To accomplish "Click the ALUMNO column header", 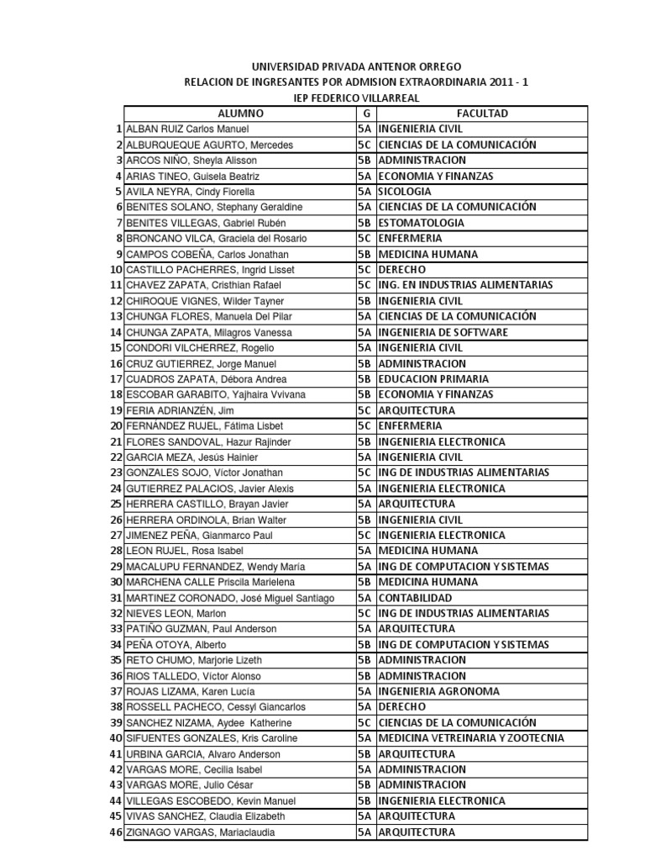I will pyautogui.click(x=240, y=114).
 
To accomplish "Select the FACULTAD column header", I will pyautogui.click(x=481, y=114).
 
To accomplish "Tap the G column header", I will pyautogui.click(x=366, y=114).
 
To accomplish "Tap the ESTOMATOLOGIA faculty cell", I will pyautogui.click(x=421, y=223).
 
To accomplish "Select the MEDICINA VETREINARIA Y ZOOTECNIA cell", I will pyautogui.click(x=470, y=738).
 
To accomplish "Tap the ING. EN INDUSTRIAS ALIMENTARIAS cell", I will pyautogui.click(x=465, y=285).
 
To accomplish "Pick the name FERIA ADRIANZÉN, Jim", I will pyautogui.click(x=180, y=410).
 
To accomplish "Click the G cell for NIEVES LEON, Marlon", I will pyautogui.click(x=366, y=613).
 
